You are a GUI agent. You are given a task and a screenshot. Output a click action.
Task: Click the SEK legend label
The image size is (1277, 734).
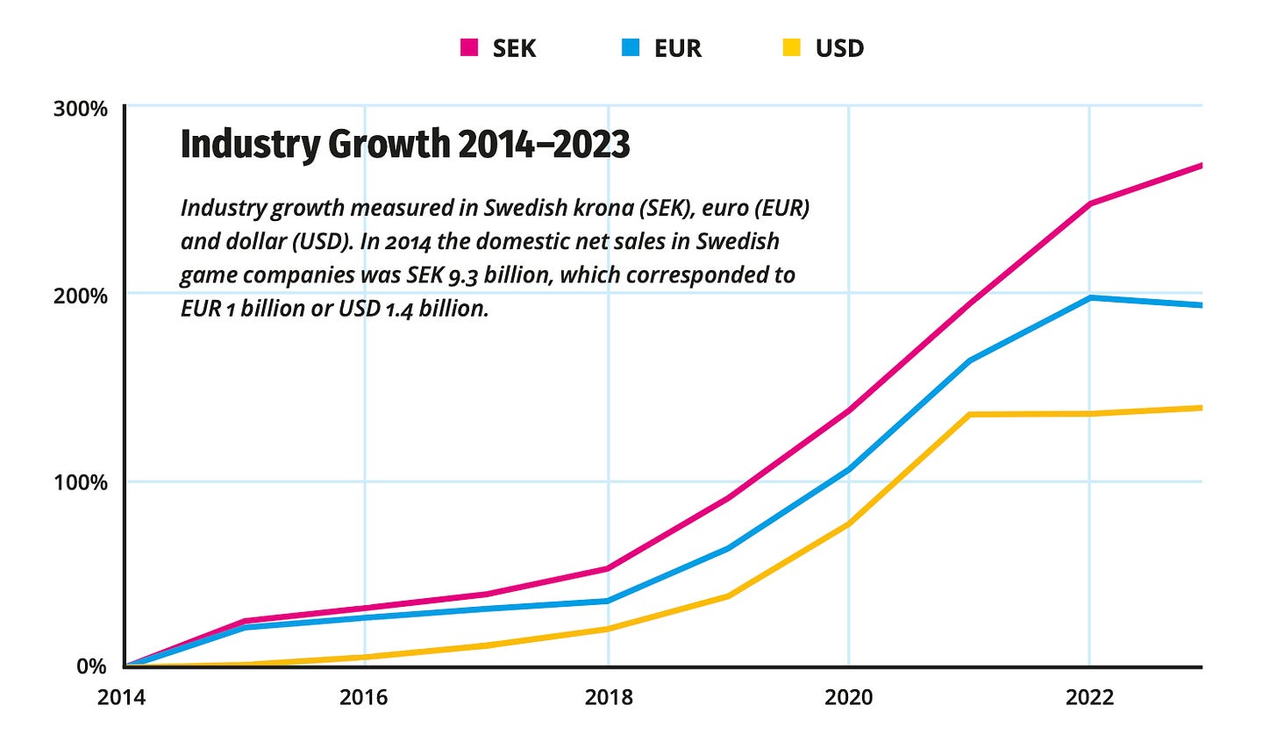(513, 48)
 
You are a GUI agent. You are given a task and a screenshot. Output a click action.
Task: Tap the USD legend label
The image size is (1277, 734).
(839, 48)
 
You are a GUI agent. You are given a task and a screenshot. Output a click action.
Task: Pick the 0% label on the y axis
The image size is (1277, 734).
(92, 667)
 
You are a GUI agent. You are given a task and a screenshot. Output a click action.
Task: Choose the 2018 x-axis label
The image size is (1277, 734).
(608, 698)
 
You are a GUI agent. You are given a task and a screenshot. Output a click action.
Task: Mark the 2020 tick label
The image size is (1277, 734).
(849, 698)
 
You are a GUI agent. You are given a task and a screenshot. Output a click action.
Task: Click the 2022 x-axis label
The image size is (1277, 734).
(1089, 698)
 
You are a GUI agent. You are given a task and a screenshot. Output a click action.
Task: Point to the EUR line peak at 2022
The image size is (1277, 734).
(1089, 298)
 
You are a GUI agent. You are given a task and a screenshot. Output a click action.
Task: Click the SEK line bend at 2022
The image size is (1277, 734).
(1089, 203)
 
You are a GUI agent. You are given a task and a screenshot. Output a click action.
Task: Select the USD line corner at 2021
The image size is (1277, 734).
(969, 414)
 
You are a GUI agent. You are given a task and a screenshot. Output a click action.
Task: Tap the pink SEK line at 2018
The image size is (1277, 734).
(608, 568)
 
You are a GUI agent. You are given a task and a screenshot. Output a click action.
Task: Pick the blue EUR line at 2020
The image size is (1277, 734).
(849, 469)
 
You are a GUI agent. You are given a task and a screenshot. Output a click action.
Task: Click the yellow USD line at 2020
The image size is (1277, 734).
(849, 524)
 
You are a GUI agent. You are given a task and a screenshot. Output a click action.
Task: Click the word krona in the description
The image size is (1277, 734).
(605, 210)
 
